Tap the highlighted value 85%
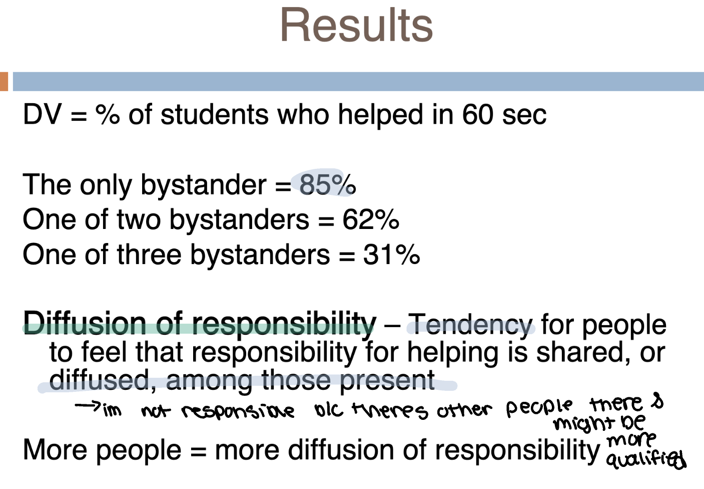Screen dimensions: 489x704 pos(327,184)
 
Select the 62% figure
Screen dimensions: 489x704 pos(370,219)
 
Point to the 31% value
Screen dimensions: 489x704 pos(391,255)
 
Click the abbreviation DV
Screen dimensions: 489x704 pos(42,115)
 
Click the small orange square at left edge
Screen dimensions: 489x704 pos(4,82)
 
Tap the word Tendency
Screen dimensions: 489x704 pos(470,325)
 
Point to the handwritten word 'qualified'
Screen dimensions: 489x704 pos(645,458)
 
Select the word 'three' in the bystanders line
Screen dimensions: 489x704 pos(149,255)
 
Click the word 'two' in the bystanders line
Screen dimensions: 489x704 pos(138,219)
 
